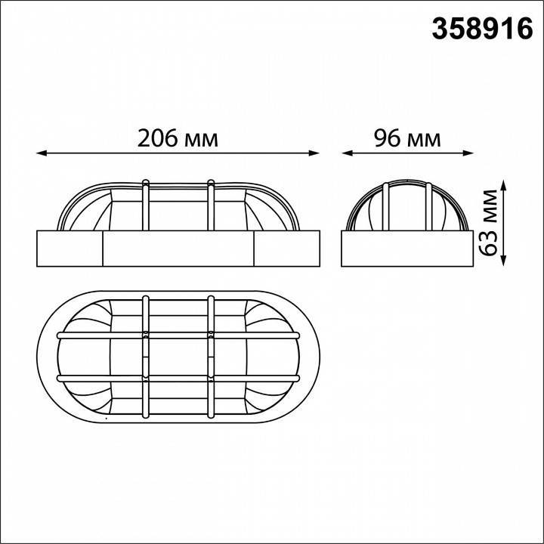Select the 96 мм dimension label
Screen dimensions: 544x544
[407, 138]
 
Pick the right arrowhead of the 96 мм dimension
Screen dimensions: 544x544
[469, 154]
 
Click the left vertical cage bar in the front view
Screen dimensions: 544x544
[145, 204]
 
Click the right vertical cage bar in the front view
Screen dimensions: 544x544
[211, 204]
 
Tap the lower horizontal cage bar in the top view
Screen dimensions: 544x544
[178, 378]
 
